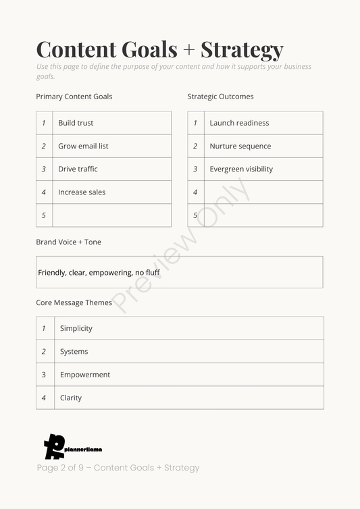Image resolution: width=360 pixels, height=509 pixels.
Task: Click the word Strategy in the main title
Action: (x=242, y=50)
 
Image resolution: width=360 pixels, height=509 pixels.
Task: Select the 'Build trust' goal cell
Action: (x=76, y=123)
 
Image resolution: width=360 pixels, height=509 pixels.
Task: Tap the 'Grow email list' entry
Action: (x=83, y=146)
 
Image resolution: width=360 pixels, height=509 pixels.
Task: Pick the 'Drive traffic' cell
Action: (x=78, y=169)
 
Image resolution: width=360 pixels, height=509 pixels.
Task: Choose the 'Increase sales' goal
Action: (x=82, y=192)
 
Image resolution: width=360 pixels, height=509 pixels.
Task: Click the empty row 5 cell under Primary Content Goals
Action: (x=111, y=215)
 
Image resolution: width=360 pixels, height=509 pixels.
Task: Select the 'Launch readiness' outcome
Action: (x=239, y=123)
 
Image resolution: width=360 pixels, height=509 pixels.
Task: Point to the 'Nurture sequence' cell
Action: (x=240, y=146)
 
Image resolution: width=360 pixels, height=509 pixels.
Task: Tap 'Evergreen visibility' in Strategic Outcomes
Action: (x=241, y=169)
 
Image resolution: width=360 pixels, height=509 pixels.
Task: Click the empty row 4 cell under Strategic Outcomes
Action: (x=263, y=192)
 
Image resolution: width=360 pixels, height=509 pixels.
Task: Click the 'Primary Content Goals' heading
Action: (x=74, y=97)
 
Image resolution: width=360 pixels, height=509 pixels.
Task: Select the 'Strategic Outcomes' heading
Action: (x=220, y=97)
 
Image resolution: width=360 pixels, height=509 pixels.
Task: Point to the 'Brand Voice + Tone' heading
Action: (x=68, y=242)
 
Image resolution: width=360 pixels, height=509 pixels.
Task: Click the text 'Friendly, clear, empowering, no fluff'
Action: (x=99, y=273)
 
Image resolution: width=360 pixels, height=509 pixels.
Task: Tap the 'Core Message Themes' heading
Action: (x=74, y=302)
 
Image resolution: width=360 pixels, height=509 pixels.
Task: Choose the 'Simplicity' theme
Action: (x=76, y=328)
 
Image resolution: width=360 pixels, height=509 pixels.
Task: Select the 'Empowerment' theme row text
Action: (x=84, y=375)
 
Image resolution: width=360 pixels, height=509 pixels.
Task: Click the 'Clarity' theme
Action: (x=70, y=398)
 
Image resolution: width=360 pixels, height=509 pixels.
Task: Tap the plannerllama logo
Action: (x=72, y=447)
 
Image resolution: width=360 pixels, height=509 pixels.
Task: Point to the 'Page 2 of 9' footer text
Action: (x=118, y=468)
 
